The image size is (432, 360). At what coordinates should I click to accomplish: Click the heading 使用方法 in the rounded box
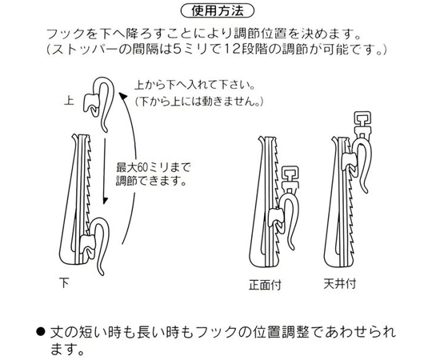coord(218,11)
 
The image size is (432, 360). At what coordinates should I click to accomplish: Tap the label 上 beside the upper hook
coord(69,100)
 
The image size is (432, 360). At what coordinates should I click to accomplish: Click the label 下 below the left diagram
coord(65,282)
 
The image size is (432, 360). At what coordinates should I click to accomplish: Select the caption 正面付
coord(265,285)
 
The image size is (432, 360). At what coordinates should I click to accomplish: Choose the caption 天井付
coord(340,284)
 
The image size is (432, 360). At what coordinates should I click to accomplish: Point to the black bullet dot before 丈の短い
coord(41,332)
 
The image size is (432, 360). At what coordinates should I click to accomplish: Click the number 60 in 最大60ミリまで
coord(142,167)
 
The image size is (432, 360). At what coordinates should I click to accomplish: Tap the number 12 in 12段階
coord(234,49)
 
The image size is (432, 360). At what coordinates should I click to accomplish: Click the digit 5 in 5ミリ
coord(174,49)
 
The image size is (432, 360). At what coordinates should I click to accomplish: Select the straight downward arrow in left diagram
coord(105,170)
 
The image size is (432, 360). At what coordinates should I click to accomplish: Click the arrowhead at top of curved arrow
coord(123,97)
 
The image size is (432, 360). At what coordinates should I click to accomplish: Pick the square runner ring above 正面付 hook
coord(290,174)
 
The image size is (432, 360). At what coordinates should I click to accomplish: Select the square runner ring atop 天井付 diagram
coord(363,120)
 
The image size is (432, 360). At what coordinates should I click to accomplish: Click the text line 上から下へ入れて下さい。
coord(194,86)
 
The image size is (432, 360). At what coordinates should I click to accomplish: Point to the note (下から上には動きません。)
coord(199,101)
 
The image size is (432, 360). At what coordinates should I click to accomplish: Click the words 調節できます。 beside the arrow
coord(151,181)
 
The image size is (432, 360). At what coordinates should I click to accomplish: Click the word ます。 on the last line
coord(67,350)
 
